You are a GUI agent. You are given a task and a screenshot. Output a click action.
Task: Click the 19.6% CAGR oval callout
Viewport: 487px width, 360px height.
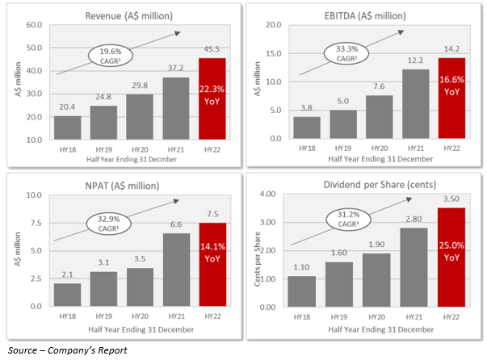(109, 57)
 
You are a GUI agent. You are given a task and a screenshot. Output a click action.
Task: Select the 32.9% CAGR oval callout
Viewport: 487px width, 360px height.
(110, 225)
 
